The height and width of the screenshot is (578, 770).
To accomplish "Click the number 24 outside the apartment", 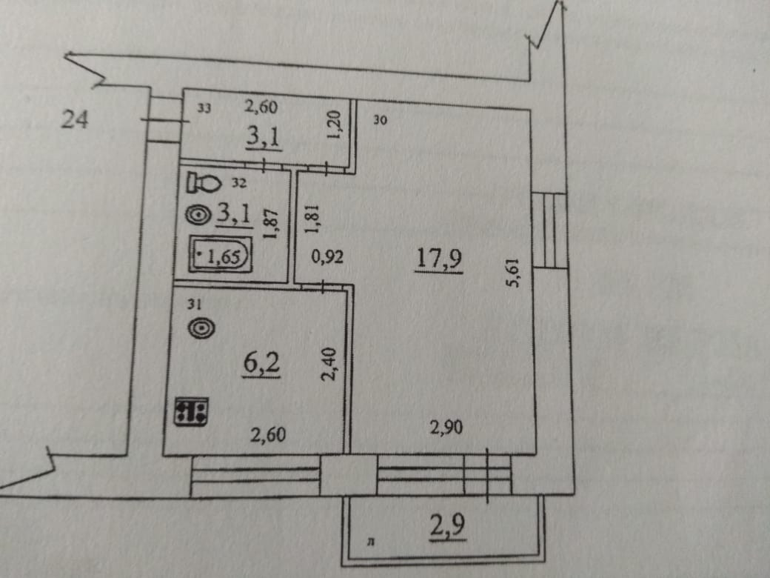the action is (x=74, y=119).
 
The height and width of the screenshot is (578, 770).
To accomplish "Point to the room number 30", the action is (x=381, y=119).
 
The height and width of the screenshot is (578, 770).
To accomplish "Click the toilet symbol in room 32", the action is (x=202, y=182).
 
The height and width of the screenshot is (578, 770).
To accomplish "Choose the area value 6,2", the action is (x=261, y=364).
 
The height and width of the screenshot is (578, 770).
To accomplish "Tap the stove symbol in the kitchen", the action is (x=192, y=411).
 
